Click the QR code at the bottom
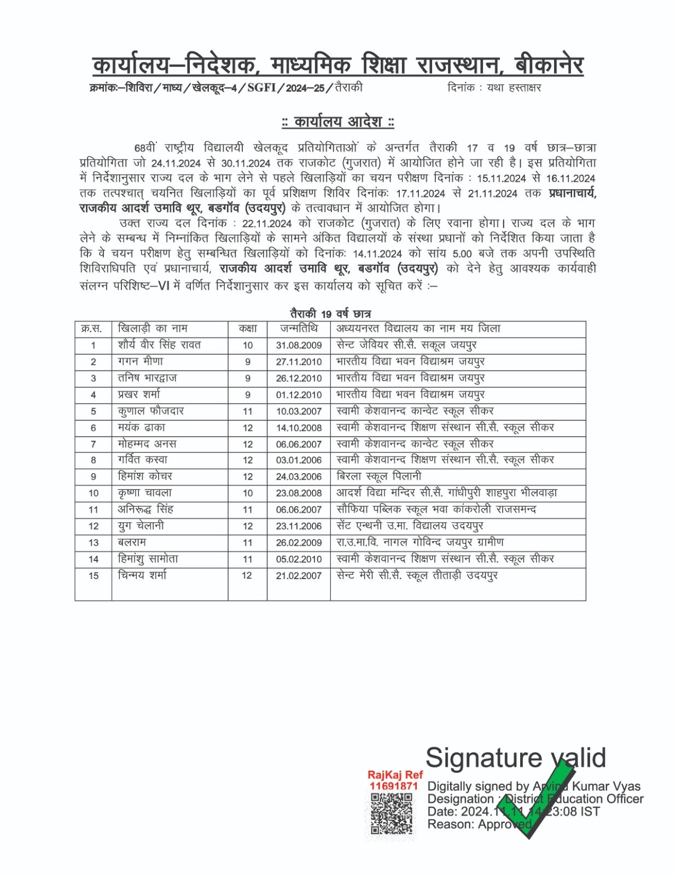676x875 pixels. tap(391, 814)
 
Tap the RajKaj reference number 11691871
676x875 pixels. tap(394, 786)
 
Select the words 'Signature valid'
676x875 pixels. tap(515, 758)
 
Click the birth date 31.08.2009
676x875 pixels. tap(299, 346)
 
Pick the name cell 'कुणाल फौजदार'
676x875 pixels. tap(151, 411)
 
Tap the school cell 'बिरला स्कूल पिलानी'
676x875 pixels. tap(379, 476)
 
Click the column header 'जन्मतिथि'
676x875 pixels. tap(299, 329)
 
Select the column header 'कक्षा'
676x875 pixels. tap(248, 329)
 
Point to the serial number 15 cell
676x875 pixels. tap(94, 576)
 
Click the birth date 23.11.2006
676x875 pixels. tap(299, 526)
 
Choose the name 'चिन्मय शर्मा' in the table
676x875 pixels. tap(143, 575)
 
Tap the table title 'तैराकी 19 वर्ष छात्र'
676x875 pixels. tap(330, 314)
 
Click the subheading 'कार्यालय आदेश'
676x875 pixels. tap(338, 121)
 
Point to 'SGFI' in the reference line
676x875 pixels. tap(261, 87)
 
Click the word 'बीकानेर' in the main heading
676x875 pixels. tap(549, 66)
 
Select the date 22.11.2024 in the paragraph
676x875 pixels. tap(267, 224)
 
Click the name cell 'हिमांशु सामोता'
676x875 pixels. tap(148, 559)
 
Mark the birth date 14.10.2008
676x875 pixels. tap(299, 428)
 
